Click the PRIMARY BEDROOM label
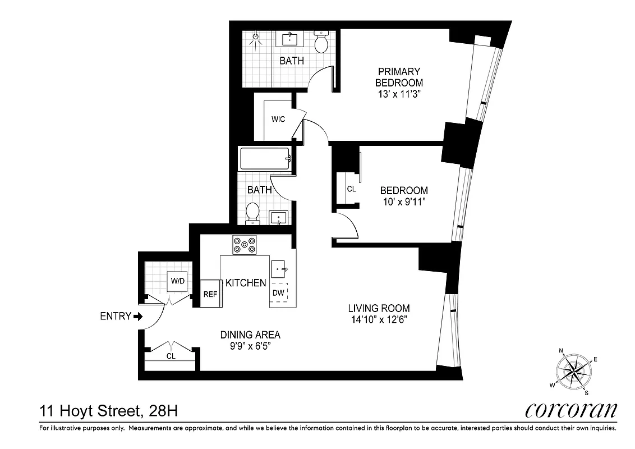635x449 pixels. tap(399, 77)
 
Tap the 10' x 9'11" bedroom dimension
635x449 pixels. tap(404, 203)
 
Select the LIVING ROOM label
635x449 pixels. tap(379, 308)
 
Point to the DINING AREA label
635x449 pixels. tap(250, 335)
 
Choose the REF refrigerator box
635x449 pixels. tap(210, 294)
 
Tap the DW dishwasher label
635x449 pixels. tap(278, 293)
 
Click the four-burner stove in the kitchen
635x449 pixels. tap(245, 245)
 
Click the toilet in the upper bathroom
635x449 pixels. tap(321, 43)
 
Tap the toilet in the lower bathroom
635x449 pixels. tap(252, 213)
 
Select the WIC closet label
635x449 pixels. tap(278, 120)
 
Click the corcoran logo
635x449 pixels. tap(571, 410)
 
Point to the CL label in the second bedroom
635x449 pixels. tap(351, 189)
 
